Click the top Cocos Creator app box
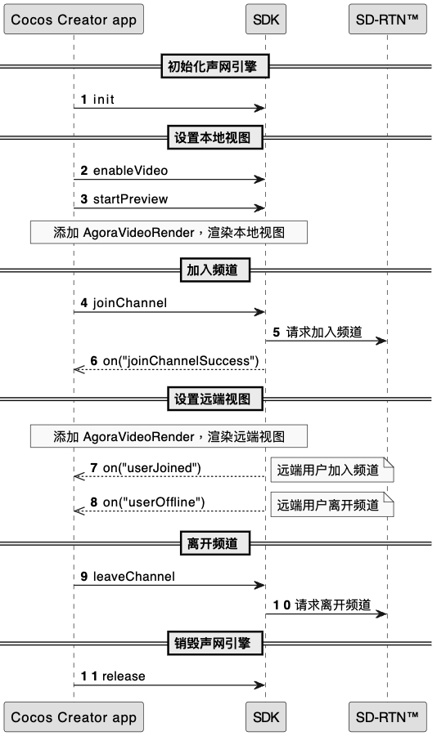point(74,20)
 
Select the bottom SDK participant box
point(266,716)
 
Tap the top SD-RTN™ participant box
point(388,20)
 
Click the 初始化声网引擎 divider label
point(215,66)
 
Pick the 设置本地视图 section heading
point(215,137)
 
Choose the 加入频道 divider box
point(215,270)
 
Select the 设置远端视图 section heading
point(215,399)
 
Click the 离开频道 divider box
point(215,543)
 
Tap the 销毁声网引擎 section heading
point(215,643)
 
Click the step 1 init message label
point(97,100)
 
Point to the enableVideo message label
point(124,171)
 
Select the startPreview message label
point(124,199)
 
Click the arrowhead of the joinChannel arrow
point(260,312)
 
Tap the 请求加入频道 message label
point(318,332)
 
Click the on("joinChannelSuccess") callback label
point(174,361)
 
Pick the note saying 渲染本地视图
point(169,232)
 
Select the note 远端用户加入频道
point(332,471)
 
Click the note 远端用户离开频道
point(332,505)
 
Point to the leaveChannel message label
point(128,577)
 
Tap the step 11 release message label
point(113,676)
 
